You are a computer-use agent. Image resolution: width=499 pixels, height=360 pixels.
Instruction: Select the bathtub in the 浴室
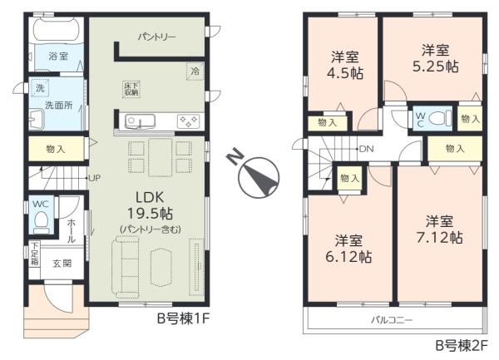click(57, 32)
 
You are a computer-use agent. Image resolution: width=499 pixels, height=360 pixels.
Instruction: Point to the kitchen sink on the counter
click(138, 122)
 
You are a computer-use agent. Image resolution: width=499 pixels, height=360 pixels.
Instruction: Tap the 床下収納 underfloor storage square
click(131, 88)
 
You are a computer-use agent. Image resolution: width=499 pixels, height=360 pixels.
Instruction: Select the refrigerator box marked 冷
click(194, 72)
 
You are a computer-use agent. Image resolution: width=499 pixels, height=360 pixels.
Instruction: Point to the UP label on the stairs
click(95, 178)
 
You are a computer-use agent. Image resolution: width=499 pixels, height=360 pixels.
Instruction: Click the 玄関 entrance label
click(63, 265)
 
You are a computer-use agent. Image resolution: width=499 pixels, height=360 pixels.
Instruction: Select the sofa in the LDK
click(126, 266)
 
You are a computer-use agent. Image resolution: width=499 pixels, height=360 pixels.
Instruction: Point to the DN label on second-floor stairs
click(366, 149)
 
